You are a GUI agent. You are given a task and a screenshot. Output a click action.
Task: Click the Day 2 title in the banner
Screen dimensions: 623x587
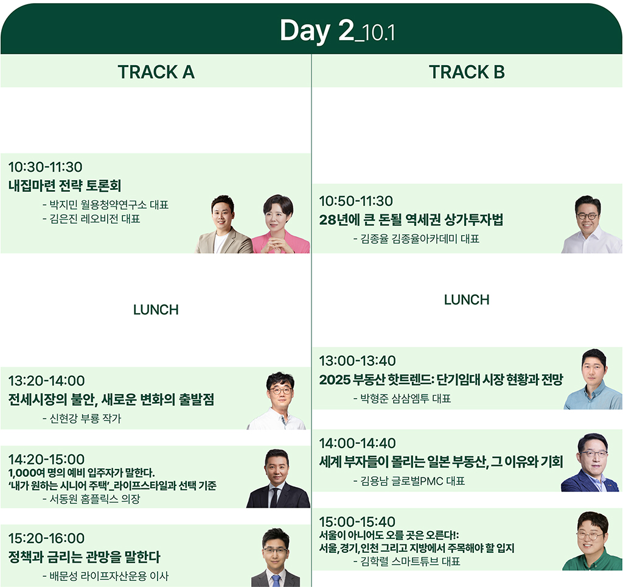click(x=337, y=31)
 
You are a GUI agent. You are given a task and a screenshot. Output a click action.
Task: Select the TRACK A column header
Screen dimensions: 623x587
click(x=156, y=72)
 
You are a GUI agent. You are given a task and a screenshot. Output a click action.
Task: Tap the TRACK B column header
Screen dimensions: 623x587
click(x=467, y=72)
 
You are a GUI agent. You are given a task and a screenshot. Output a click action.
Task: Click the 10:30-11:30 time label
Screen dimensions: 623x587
click(x=45, y=167)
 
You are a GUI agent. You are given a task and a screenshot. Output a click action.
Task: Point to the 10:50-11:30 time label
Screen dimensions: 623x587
click(x=356, y=201)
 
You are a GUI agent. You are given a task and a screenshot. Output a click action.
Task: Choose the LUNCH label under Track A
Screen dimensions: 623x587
click(x=156, y=309)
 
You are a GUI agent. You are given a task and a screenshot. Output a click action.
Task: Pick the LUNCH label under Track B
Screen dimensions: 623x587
click(x=467, y=300)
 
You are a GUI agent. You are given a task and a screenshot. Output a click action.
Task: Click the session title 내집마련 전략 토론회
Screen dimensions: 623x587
click(x=64, y=185)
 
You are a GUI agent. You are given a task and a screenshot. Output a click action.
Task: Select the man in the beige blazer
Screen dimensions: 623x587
click(x=223, y=224)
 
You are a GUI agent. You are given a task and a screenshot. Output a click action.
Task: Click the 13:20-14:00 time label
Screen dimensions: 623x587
click(x=46, y=381)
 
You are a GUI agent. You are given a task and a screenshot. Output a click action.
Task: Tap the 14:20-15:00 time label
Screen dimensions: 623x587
click(x=46, y=459)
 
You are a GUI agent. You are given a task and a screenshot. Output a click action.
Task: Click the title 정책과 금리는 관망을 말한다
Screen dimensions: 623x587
click(x=84, y=557)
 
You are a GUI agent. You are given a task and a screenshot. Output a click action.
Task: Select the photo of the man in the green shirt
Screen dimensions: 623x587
click(x=592, y=541)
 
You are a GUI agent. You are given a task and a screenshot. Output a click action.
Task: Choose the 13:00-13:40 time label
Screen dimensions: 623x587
click(x=358, y=360)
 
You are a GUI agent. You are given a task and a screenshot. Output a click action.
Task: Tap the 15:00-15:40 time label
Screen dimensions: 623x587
click(x=357, y=522)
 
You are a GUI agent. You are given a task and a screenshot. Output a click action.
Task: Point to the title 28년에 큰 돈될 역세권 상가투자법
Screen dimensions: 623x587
click(x=411, y=220)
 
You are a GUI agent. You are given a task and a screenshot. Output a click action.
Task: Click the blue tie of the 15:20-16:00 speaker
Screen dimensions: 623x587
click(x=276, y=581)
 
